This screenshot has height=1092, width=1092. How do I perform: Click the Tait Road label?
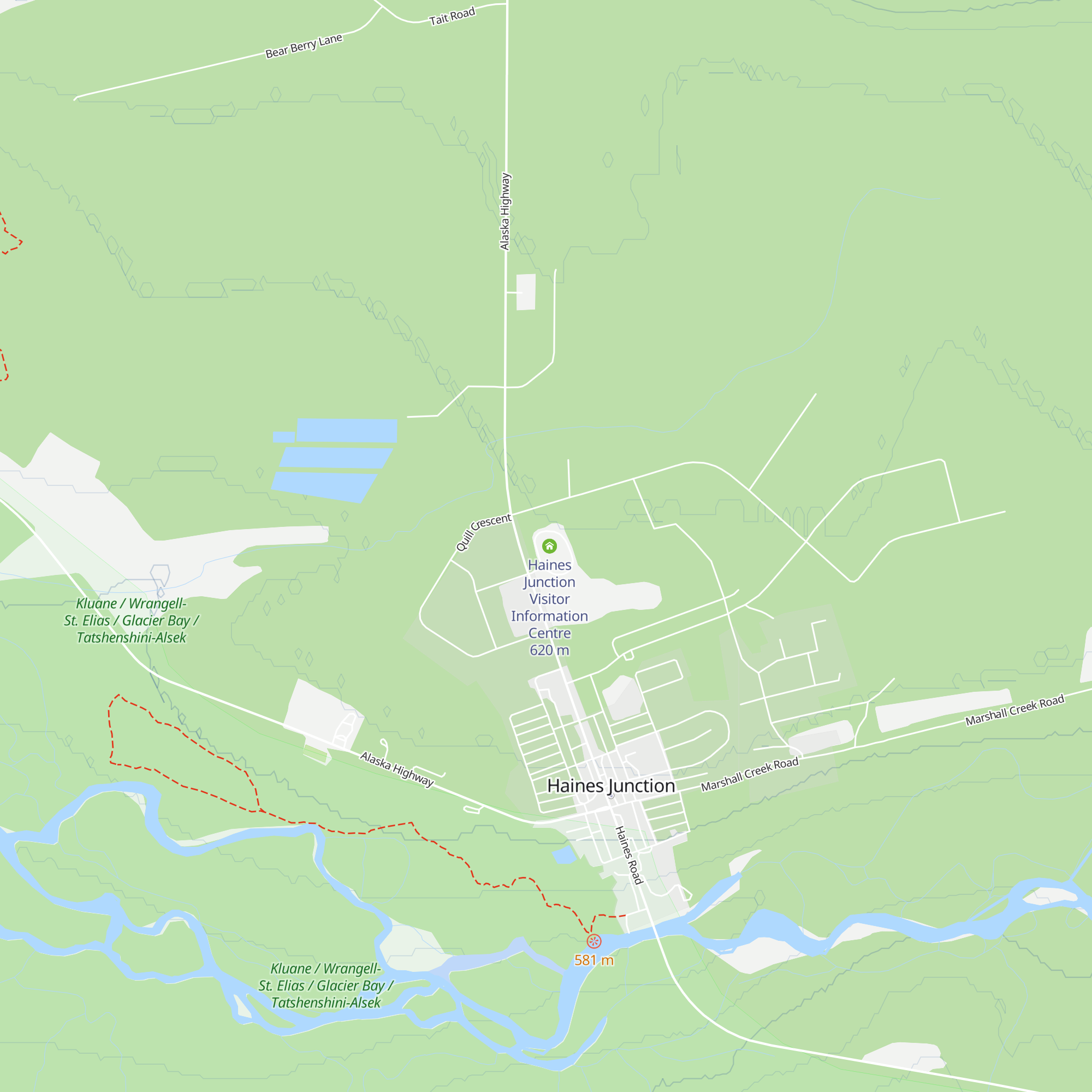452,16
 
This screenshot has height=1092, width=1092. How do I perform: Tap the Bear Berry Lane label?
304,46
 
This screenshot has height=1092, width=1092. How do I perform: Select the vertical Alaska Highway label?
505,211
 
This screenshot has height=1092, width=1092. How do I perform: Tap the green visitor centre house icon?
549,546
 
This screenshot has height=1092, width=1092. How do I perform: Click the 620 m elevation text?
549,650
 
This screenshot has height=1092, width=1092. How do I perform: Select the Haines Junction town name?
610,786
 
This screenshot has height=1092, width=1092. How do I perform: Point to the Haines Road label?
628,855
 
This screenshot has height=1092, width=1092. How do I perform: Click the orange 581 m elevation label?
594,960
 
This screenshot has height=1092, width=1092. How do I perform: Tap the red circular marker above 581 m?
594,941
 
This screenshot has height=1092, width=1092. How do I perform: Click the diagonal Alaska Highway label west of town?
397,769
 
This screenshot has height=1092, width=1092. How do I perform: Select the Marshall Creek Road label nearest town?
749,774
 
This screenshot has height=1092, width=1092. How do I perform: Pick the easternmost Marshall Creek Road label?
1014,710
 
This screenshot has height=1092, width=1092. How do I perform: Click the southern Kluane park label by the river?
325,986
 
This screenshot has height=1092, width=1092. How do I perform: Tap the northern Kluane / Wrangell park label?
131,621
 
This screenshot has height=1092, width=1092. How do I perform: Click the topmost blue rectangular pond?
347,430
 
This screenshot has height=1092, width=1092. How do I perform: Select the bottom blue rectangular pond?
324,486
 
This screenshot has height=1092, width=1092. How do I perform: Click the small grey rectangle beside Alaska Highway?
526,292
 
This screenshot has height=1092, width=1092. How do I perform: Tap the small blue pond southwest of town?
563,856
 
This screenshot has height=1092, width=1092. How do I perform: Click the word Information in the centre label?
549,616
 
